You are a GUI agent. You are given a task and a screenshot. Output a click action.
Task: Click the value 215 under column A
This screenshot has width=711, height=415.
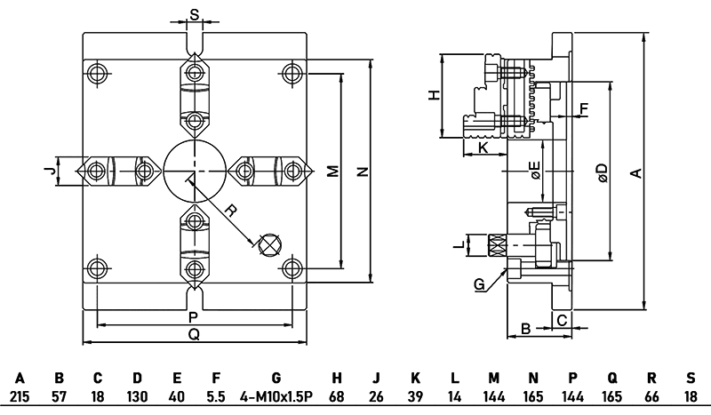[20, 395]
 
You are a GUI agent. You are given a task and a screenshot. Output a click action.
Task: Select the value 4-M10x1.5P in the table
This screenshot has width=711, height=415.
[276, 395]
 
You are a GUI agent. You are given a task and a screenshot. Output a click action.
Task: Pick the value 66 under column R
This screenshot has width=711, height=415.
[651, 395]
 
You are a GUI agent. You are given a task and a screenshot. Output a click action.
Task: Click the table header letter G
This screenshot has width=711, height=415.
[276, 378]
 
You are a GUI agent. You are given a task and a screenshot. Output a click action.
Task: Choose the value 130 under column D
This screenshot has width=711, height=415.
[137, 395]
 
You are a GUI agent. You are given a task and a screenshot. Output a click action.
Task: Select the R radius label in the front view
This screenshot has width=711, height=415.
[229, 211]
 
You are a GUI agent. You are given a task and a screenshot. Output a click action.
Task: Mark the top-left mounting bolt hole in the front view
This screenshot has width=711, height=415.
[97, 71]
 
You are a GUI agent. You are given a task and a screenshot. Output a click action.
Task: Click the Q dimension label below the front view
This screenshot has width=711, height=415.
[194, 334]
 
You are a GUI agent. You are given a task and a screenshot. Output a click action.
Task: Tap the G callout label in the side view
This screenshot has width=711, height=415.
[479, 284]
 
